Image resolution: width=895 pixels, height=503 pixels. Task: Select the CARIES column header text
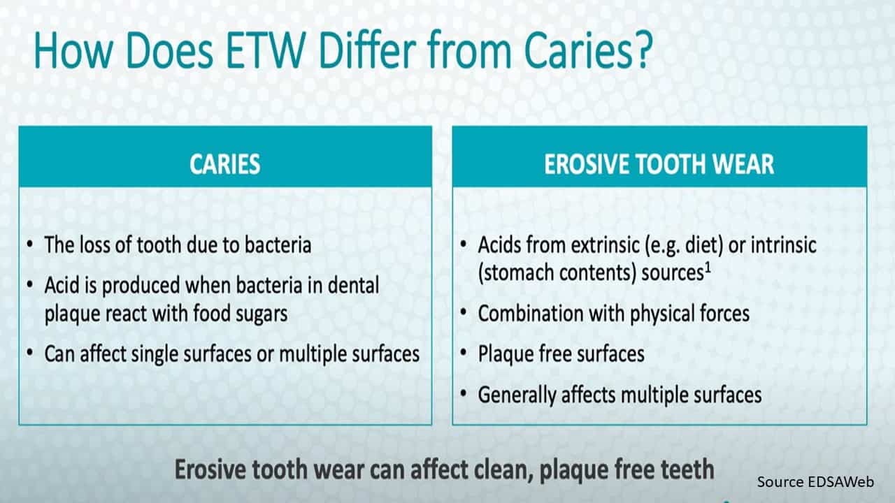coord(225,164)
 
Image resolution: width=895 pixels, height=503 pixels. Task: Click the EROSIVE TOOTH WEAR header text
coord(659,164)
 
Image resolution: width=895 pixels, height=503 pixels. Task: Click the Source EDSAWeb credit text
coord(815,482)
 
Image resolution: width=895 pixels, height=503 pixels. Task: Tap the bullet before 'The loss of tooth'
coord(30,245)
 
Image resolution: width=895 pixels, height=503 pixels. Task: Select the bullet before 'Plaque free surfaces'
coord(464,353)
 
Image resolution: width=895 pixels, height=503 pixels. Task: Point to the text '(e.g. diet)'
coord(684,245)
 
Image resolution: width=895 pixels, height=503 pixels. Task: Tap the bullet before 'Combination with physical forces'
coord(464,312)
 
